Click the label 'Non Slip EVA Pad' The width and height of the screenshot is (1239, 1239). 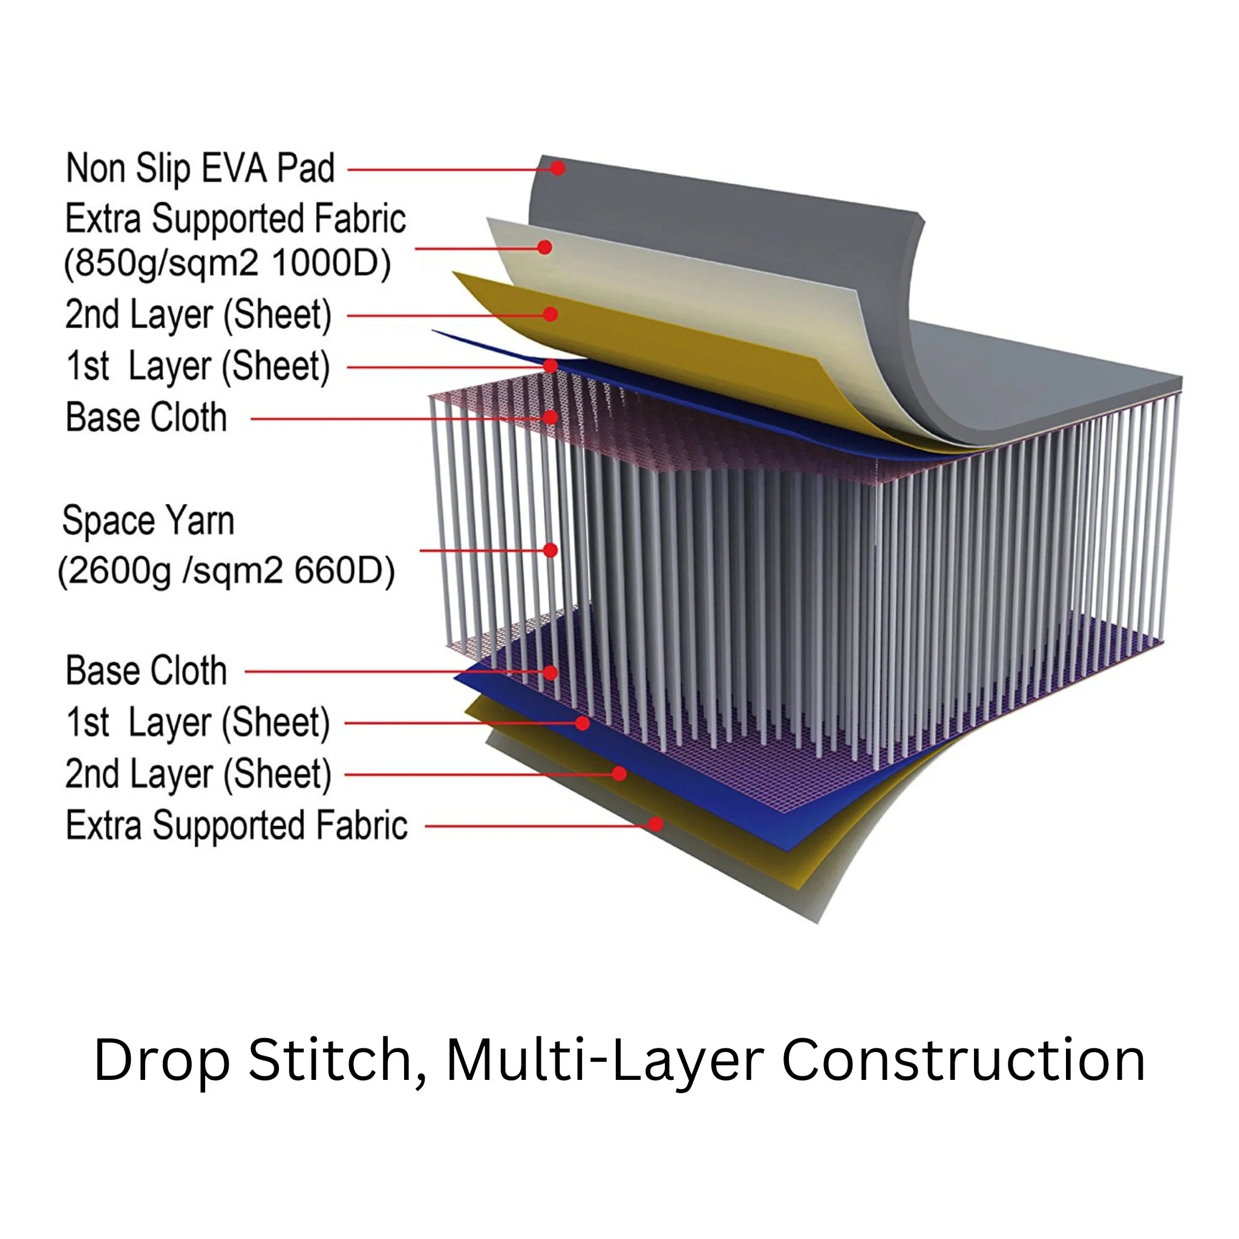(x=200, y=169)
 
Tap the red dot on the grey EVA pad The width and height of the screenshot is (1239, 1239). (x=558, y=168)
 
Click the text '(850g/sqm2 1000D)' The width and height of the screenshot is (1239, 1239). (x=227, y=263)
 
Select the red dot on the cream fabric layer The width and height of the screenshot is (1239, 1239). (x=545, y=247)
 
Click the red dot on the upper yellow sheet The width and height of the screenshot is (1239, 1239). (x=551, y=313)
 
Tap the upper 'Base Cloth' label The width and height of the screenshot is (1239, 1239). (x=146, y=417)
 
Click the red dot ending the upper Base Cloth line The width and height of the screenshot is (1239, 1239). (x=551, y=417)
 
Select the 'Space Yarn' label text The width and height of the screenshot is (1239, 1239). (x=148, y=520)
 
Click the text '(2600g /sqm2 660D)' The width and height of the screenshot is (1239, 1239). (x=226, y=570)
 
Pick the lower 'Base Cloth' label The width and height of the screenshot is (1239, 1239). (x=146, y=671)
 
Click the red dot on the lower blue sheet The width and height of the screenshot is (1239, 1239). (x=583, y=723)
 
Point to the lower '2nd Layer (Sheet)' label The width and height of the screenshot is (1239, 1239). (x=198, y=774)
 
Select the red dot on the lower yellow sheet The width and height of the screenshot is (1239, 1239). (x=619, y=773)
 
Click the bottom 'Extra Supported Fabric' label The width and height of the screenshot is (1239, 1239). (x=237, y=825)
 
